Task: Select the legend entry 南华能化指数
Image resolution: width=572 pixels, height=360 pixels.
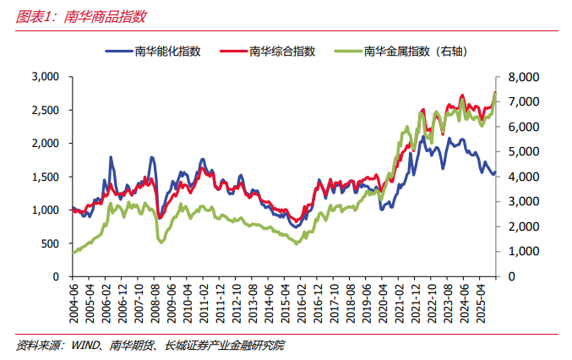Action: click(167, 52)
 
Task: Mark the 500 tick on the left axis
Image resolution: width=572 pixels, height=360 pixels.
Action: click(49, 243)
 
